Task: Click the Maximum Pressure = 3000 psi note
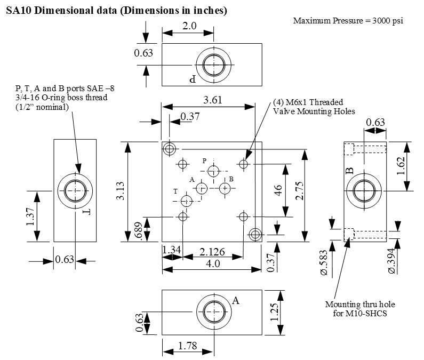tap(348, 21)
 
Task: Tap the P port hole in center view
tap(214, 171)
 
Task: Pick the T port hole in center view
tap(187, 201)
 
